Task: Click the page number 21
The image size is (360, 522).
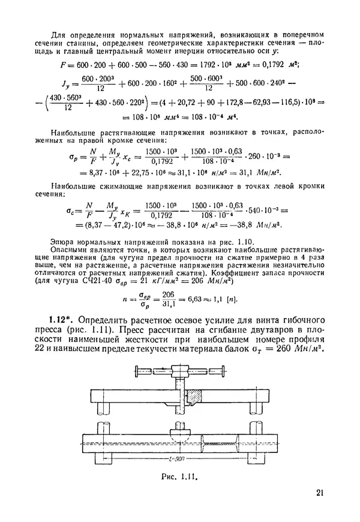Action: coord(319,493)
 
